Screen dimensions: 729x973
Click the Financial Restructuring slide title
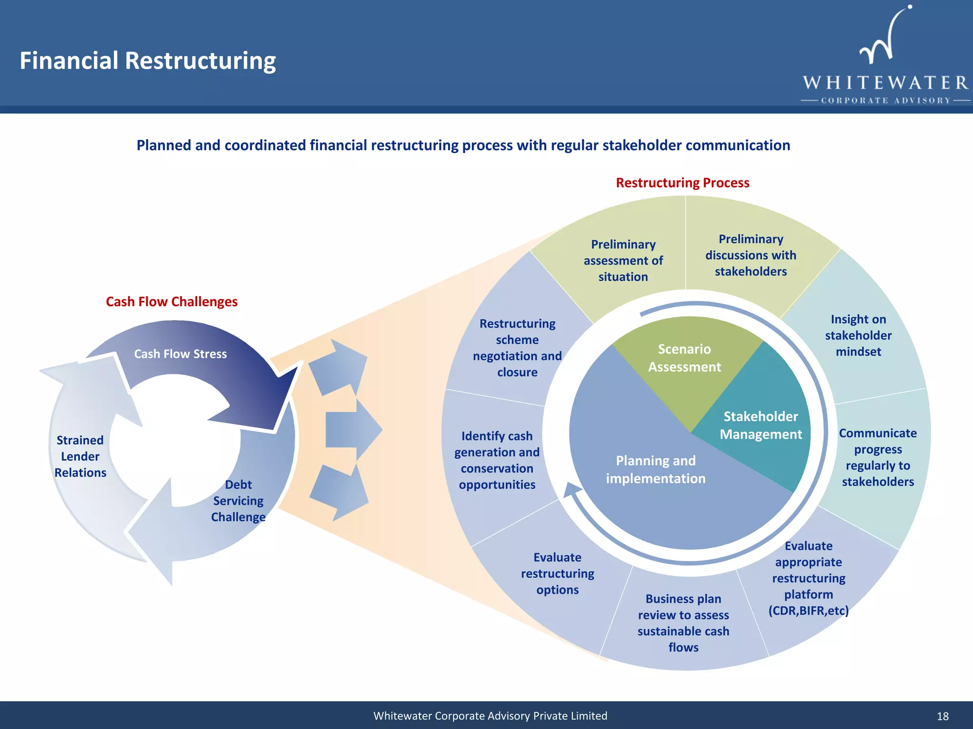pyautogui.click(x=148, y=61)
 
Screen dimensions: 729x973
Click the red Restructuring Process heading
pyautogui.click(x=682, y=183)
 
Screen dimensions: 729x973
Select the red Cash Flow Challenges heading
pyautogui.click(x=172, y=302)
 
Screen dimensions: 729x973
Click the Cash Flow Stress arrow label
pyautogui.click(x=180, y=354)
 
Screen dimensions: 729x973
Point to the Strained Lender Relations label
pyautogui.click(x=80, y=456)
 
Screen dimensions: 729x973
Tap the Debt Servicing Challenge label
pyautogui.click(x=238, y=501)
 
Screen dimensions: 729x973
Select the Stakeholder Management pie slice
pyautogui.click(x=760, y=425)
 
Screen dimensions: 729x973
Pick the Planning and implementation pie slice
pyautogui.click(x=656, y=470)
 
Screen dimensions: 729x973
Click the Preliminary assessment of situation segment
pyautogui.click(x=623, y=261)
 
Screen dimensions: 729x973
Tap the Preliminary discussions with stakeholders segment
pyautogui.click(x=751, y=255)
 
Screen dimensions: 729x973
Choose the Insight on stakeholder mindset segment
pyautogui.click(x=858, y=336)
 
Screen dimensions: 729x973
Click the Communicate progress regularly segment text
pyautogui.click(x=878, y=457)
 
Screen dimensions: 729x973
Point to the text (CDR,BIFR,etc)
pyautogui.click(x=808, y=611)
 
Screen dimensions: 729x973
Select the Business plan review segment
pyautogui.click(x=683, y=623)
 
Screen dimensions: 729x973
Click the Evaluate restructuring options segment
pyautogui.click(x=557, y=573)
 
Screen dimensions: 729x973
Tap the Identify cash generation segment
pyautogui.click(x=497, y=460)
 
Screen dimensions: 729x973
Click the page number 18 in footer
pyautogui.click(x=943, y=716)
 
